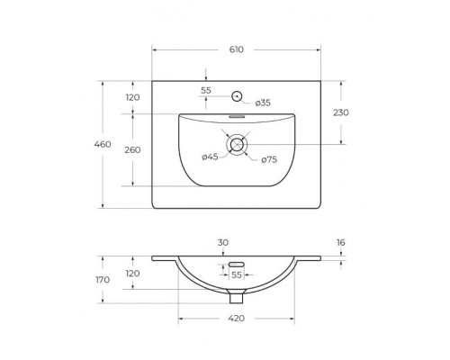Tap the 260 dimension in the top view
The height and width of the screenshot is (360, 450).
[132, 149]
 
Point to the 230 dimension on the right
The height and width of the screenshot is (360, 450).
[340, 112]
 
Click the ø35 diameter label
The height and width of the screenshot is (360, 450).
[262, 103]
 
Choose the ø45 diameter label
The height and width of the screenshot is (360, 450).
[209, 157]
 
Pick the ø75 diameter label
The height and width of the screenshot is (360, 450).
[268, 159]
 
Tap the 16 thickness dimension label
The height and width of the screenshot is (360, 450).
[340, 243]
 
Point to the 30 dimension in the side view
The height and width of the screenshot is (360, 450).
[224, 242]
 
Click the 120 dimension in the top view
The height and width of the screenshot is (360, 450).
[132, 97]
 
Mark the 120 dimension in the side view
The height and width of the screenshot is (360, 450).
[132, 273]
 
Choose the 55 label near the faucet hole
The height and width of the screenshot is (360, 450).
[206, 91]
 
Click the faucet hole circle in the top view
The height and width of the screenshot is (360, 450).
[238, 95]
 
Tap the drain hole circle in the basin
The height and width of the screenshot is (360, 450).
[238, 143]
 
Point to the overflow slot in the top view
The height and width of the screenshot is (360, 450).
[238, 115]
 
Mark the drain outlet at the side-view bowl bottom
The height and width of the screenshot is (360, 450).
[237, 297]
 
